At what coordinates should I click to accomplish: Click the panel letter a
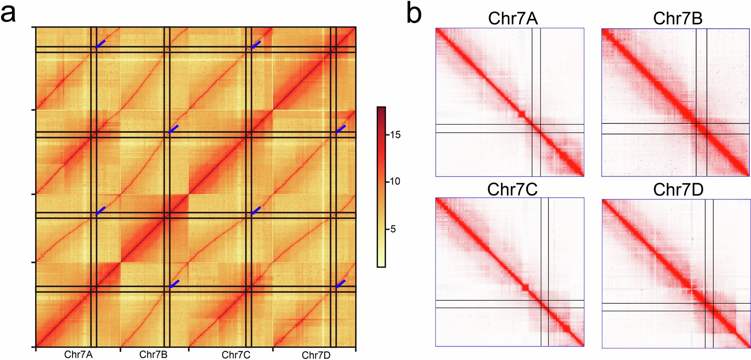(8, 14)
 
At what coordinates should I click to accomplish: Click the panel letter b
(414, 14)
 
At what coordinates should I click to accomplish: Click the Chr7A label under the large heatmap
(78, 354)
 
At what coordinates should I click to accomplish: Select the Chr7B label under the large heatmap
(153, 354)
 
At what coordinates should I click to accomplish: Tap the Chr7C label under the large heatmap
(236, 354)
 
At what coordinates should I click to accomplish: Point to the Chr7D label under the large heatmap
(316, 355)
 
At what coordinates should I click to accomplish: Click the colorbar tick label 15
(395, 135)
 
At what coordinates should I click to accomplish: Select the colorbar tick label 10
(395, 181)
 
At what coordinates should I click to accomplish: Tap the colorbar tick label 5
(393, 229)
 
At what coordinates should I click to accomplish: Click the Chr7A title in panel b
(512, 18)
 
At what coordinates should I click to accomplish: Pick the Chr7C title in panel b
(512, 190)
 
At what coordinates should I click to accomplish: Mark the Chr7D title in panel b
(678, 190)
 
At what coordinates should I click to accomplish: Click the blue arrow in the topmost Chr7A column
(100, 44)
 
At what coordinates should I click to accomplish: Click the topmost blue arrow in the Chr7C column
(256, 44)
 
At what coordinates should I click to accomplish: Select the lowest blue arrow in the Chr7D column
(340, 284)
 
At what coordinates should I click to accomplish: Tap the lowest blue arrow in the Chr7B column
(174, 284)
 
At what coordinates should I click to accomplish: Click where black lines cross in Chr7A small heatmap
(536, 128)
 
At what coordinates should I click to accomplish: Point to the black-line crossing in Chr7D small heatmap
(709, 307)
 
